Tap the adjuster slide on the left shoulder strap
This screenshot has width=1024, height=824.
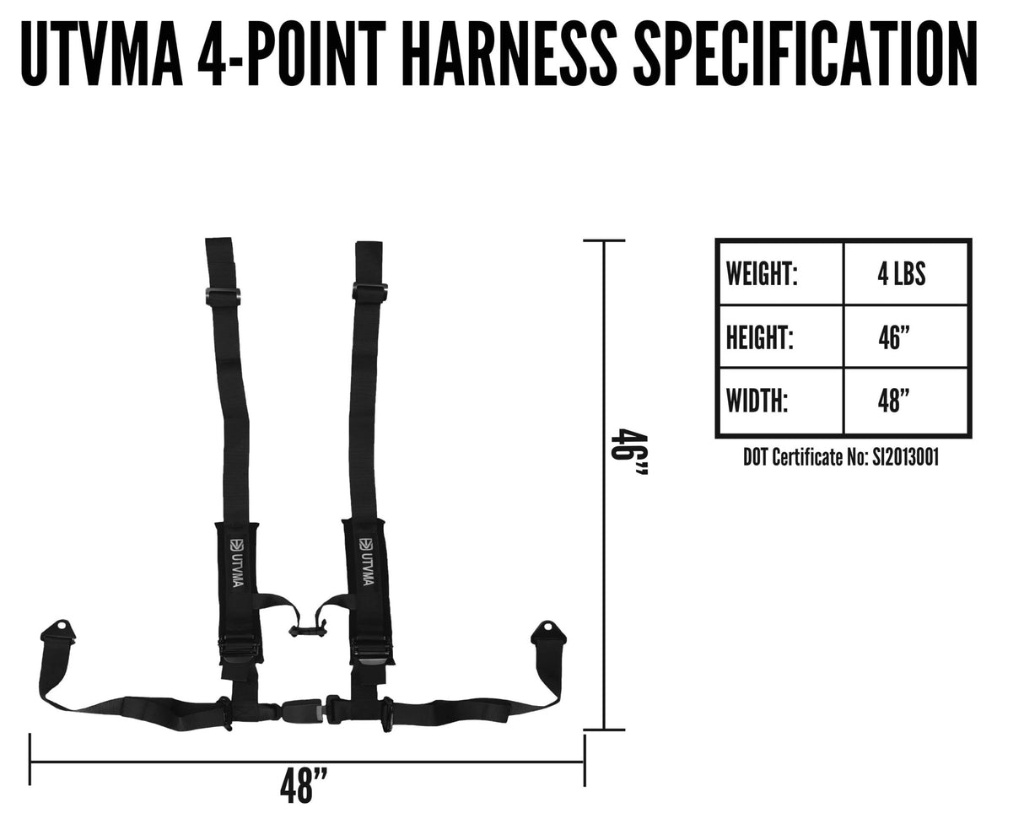(x=223, y=296)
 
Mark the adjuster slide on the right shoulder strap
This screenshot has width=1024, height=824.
(x=369, y=292)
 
